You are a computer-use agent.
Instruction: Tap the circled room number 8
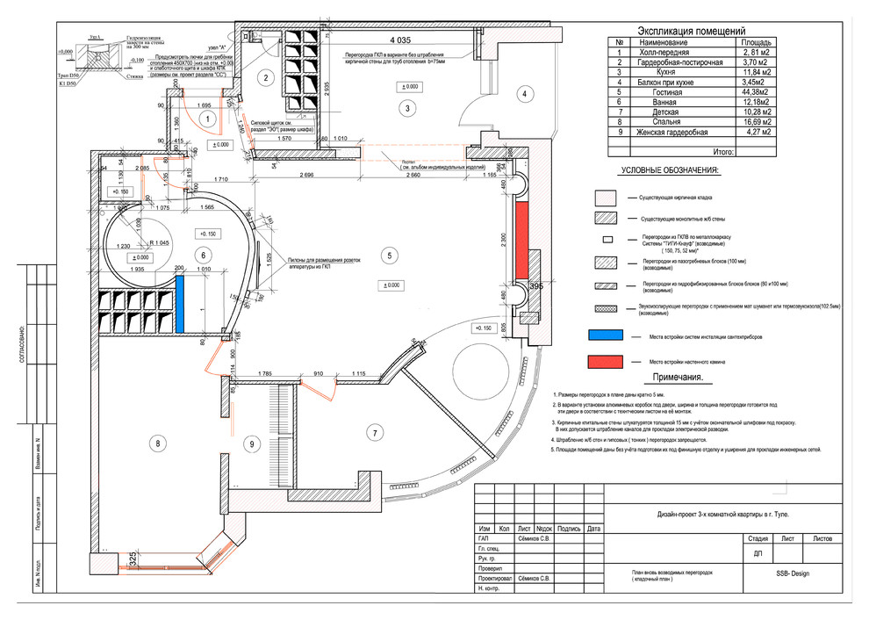[x=158, y=443]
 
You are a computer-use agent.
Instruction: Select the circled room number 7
[x=375, y=433]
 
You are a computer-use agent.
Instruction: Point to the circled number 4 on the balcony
[x=522, y=95]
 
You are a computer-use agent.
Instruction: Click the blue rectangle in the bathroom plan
[x=180, y=304]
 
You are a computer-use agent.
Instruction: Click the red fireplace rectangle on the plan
[x=521, y=236]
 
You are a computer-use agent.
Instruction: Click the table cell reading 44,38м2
[x=756, y=92]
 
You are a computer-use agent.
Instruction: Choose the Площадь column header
[x=756, y=42]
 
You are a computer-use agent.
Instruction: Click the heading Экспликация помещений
[x=690, y=31]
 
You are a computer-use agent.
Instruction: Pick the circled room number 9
[x=251, y=444]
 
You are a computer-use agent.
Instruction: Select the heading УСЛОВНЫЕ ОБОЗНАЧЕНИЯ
[x=670, y=170]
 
